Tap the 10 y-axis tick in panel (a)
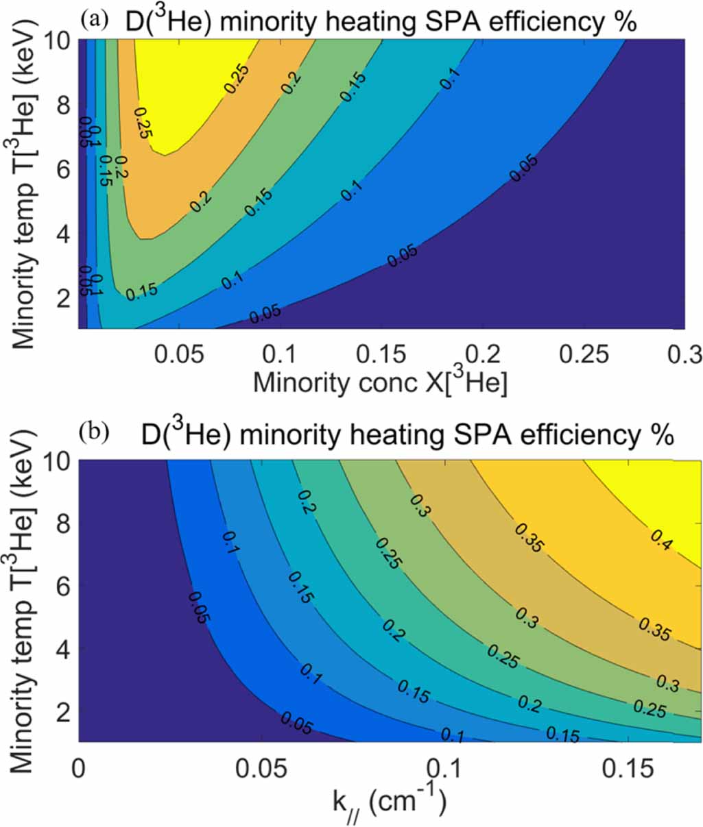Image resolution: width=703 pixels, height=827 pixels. click(x=59, y=41)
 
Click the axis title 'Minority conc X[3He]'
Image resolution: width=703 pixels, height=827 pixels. click(x=381, y=382)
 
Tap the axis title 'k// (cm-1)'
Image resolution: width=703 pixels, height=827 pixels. click(x=389, y=799)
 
